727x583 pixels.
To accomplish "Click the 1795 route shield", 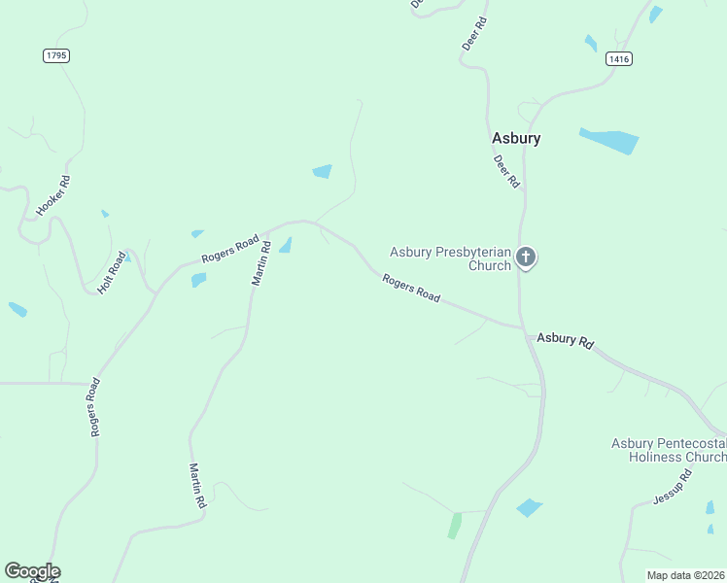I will pos(56,55).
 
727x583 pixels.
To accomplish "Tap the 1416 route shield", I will pos(618,59).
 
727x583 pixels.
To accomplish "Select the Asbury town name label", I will pos(515,138).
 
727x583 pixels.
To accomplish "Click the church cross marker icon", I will pos(526,257).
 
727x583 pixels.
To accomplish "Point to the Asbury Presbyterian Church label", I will pos(450,258).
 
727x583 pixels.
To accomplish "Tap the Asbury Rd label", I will pos(565,341).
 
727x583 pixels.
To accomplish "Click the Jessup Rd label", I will pos(672,487).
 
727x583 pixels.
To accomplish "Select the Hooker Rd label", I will pos(53,195).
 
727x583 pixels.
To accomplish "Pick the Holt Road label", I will pos(113,273).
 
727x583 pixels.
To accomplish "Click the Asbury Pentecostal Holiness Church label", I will pos(668,450).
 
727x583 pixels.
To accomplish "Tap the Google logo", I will pos(32,571).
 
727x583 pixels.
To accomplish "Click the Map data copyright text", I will pos(685,575).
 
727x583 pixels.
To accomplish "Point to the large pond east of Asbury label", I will pos(609,140).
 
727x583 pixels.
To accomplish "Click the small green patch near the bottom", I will pos(454,526).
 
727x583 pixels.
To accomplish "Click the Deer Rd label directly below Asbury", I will pos(507,171).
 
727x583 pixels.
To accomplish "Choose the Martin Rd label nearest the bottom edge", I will pos(197,487).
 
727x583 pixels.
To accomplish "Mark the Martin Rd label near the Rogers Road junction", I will pos(260,264).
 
